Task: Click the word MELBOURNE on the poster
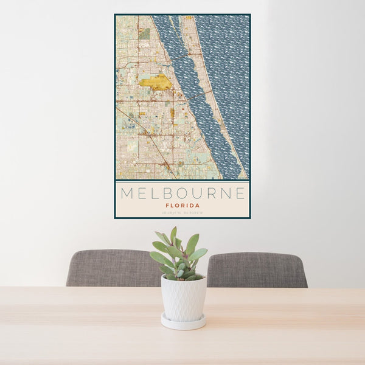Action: [182, 194]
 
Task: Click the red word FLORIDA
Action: [182, 206]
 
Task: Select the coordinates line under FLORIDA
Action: [182, 213]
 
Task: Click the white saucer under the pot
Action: [183, 322]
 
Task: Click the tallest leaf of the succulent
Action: [173, 235]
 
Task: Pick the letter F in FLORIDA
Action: [167, 206]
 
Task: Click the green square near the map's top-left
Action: [144, 33]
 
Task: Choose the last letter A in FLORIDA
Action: [198, 206]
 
